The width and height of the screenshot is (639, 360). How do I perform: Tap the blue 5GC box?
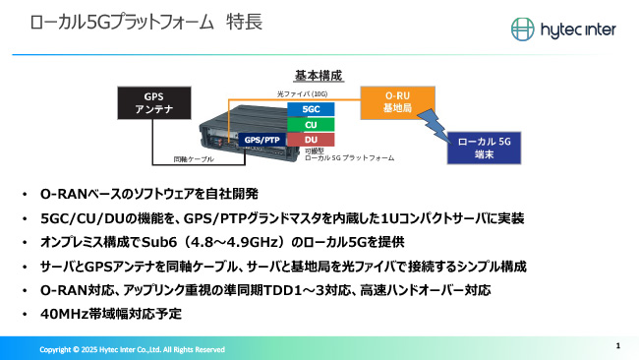pyautogui.click(x=311, y=108)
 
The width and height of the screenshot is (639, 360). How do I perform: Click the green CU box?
pyautogui.click(x=311, y=124)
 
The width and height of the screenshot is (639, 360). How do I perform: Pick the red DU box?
pyautogui.click(x=311, y=140)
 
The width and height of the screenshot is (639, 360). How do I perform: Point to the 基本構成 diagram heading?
pyautogui.click(x=317, y=75)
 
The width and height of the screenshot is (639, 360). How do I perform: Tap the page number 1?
pyautogui.click(x=617, y=345)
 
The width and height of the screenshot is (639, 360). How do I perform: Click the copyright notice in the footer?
pyautogui.click(x=133, y=349)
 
